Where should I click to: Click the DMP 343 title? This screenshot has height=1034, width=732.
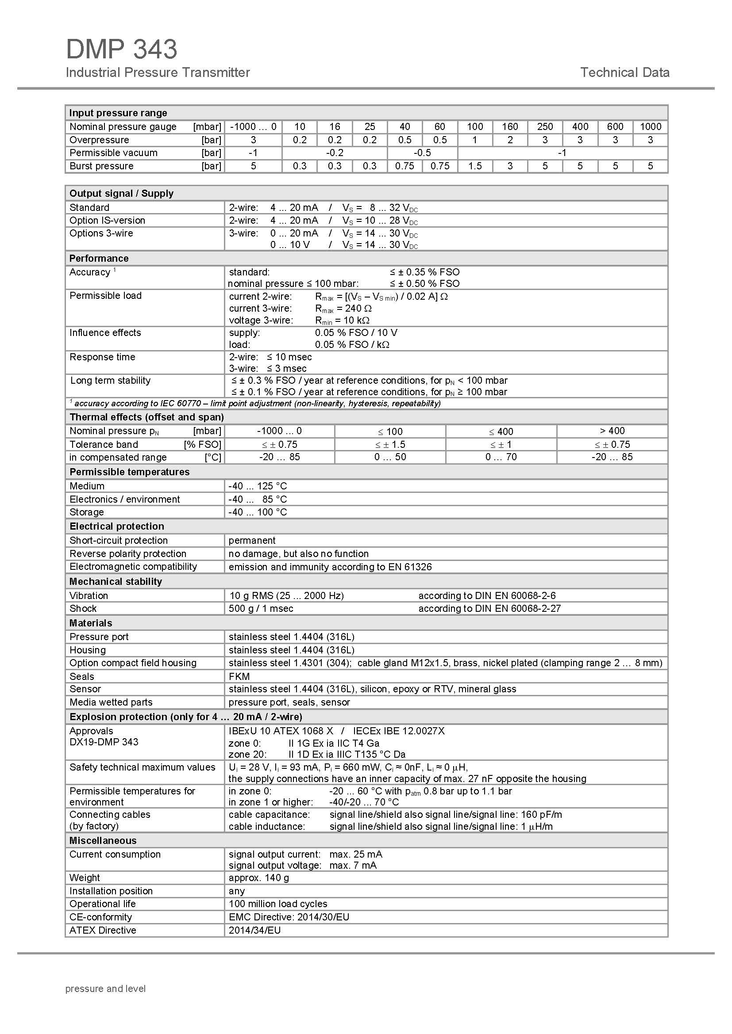coord(122,49)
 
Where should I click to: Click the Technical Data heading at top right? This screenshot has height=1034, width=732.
coord(624,72)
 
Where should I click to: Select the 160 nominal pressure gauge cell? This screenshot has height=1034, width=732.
coord(510,127)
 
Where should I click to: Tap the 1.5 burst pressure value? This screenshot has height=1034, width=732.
coord(475,166)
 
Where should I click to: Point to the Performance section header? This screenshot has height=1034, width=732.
coord(99,259)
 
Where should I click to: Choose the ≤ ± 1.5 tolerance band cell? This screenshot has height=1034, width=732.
coord(390,444)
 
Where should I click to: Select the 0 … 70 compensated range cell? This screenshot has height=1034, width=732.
coord(501,457)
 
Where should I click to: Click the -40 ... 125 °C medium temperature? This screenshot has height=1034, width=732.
coord(258,486)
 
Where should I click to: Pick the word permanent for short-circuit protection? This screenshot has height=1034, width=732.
coord(252,540)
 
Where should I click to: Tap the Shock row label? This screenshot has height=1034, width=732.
coord(83,609)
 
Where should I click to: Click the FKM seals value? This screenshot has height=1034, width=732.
coord(239,676)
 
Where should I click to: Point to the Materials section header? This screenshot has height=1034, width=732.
coord(91,623)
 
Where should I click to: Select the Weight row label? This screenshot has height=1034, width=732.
coord(85,878)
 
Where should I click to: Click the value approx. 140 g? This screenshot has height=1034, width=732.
coord(259,878)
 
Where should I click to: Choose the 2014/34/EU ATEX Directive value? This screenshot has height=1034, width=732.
coord(254,931)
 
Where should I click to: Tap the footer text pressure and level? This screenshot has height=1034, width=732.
coord(105,988)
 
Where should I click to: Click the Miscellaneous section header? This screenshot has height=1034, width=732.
coord(103,841)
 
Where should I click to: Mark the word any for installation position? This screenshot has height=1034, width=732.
coord(237,891)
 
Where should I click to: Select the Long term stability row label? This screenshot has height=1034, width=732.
coord(111,381)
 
